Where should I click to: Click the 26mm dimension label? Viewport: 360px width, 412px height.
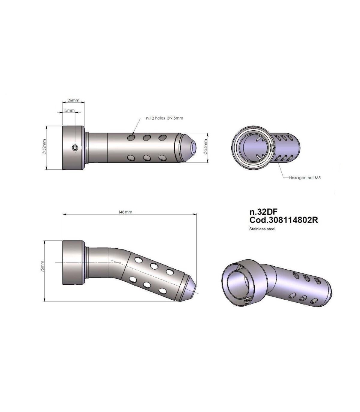[73, 100]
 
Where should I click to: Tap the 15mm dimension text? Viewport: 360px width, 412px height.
[69, 110]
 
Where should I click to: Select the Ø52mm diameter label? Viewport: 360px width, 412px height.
[44, 147]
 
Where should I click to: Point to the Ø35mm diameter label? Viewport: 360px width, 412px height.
[205, 147]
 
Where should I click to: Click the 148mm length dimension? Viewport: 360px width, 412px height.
[125, 212]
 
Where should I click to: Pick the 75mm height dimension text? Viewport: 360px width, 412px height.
[42, 267]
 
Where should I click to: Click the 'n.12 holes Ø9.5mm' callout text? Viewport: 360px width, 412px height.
[164, 118]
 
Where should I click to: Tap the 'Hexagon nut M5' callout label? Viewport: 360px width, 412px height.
[305, 177]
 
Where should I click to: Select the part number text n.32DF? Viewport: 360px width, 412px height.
[263, 212]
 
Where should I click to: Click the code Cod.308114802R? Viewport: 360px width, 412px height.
[283, 220]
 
